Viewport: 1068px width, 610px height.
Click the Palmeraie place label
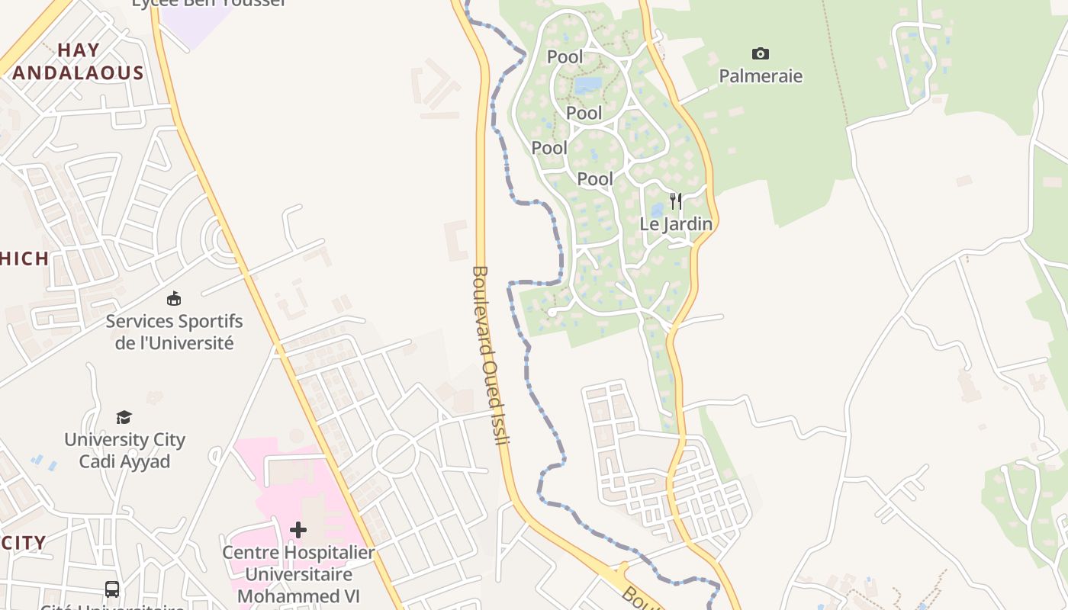[x=761, y=76]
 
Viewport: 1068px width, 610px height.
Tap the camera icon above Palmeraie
[x=761, y=53]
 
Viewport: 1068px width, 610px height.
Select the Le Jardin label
[x=676, y=224]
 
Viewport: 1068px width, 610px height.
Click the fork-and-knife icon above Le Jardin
[x=676, y=201]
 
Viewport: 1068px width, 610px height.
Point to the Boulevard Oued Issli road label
[x=491, y=354]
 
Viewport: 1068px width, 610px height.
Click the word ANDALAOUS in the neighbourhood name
[x=79, y=73]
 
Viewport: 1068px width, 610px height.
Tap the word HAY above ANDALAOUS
[x=79, y=50]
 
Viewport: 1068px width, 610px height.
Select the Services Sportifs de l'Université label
[x=174, y=332]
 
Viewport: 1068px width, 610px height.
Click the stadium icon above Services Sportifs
[x=174, y=298]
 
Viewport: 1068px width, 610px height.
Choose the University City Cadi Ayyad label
[x=124, y=450]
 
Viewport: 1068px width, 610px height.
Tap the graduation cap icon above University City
[x=124, y=417]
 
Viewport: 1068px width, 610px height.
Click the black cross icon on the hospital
[x=298, y=529]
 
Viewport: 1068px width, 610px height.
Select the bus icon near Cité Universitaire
[x=112, y=589]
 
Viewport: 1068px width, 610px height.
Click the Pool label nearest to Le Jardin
[x=595, y=179]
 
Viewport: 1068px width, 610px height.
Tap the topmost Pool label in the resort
[x=565, y=57]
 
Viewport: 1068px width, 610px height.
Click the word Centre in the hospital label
[x=249, y=552]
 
